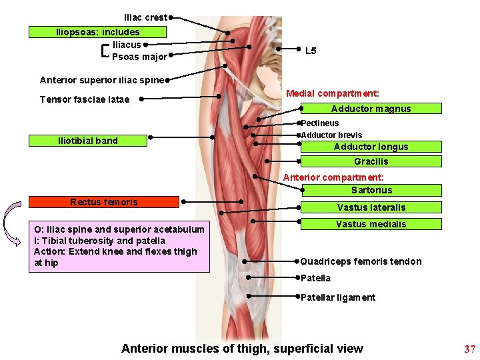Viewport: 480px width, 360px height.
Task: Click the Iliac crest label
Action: [x=145, y=17]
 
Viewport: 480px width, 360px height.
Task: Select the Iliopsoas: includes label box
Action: [x=97, y=32]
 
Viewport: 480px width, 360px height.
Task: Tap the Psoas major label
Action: [x=139, y=57]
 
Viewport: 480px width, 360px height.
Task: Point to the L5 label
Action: [x=311, y=51]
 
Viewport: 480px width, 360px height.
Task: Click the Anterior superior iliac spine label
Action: [x=101, y=81]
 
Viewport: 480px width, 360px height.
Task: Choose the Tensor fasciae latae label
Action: [x=85, y=99]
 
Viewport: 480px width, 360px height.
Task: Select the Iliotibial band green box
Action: [x=88, y=141]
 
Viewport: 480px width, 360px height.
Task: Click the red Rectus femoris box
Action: [x=104, y=202]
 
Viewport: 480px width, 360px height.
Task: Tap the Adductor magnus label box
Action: [x=371, y=109]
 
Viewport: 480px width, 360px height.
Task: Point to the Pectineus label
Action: [x=319, y=123]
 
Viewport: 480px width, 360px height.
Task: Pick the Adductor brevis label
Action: [x=331, y=135]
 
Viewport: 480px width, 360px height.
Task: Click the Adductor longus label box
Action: [x=371, y=147]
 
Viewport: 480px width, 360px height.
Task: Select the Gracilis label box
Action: [x=371, y=161]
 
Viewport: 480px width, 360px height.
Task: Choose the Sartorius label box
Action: [x=371, y=190]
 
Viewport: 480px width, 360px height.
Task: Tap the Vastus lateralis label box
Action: [x=371, y=207]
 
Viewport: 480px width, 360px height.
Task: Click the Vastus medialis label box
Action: [x=371, y=224]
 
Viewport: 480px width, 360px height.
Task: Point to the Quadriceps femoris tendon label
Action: [x=361, y=261]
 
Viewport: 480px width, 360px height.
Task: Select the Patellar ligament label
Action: [x=338, y=297]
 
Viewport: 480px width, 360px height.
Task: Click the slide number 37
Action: [x=469, y=349]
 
